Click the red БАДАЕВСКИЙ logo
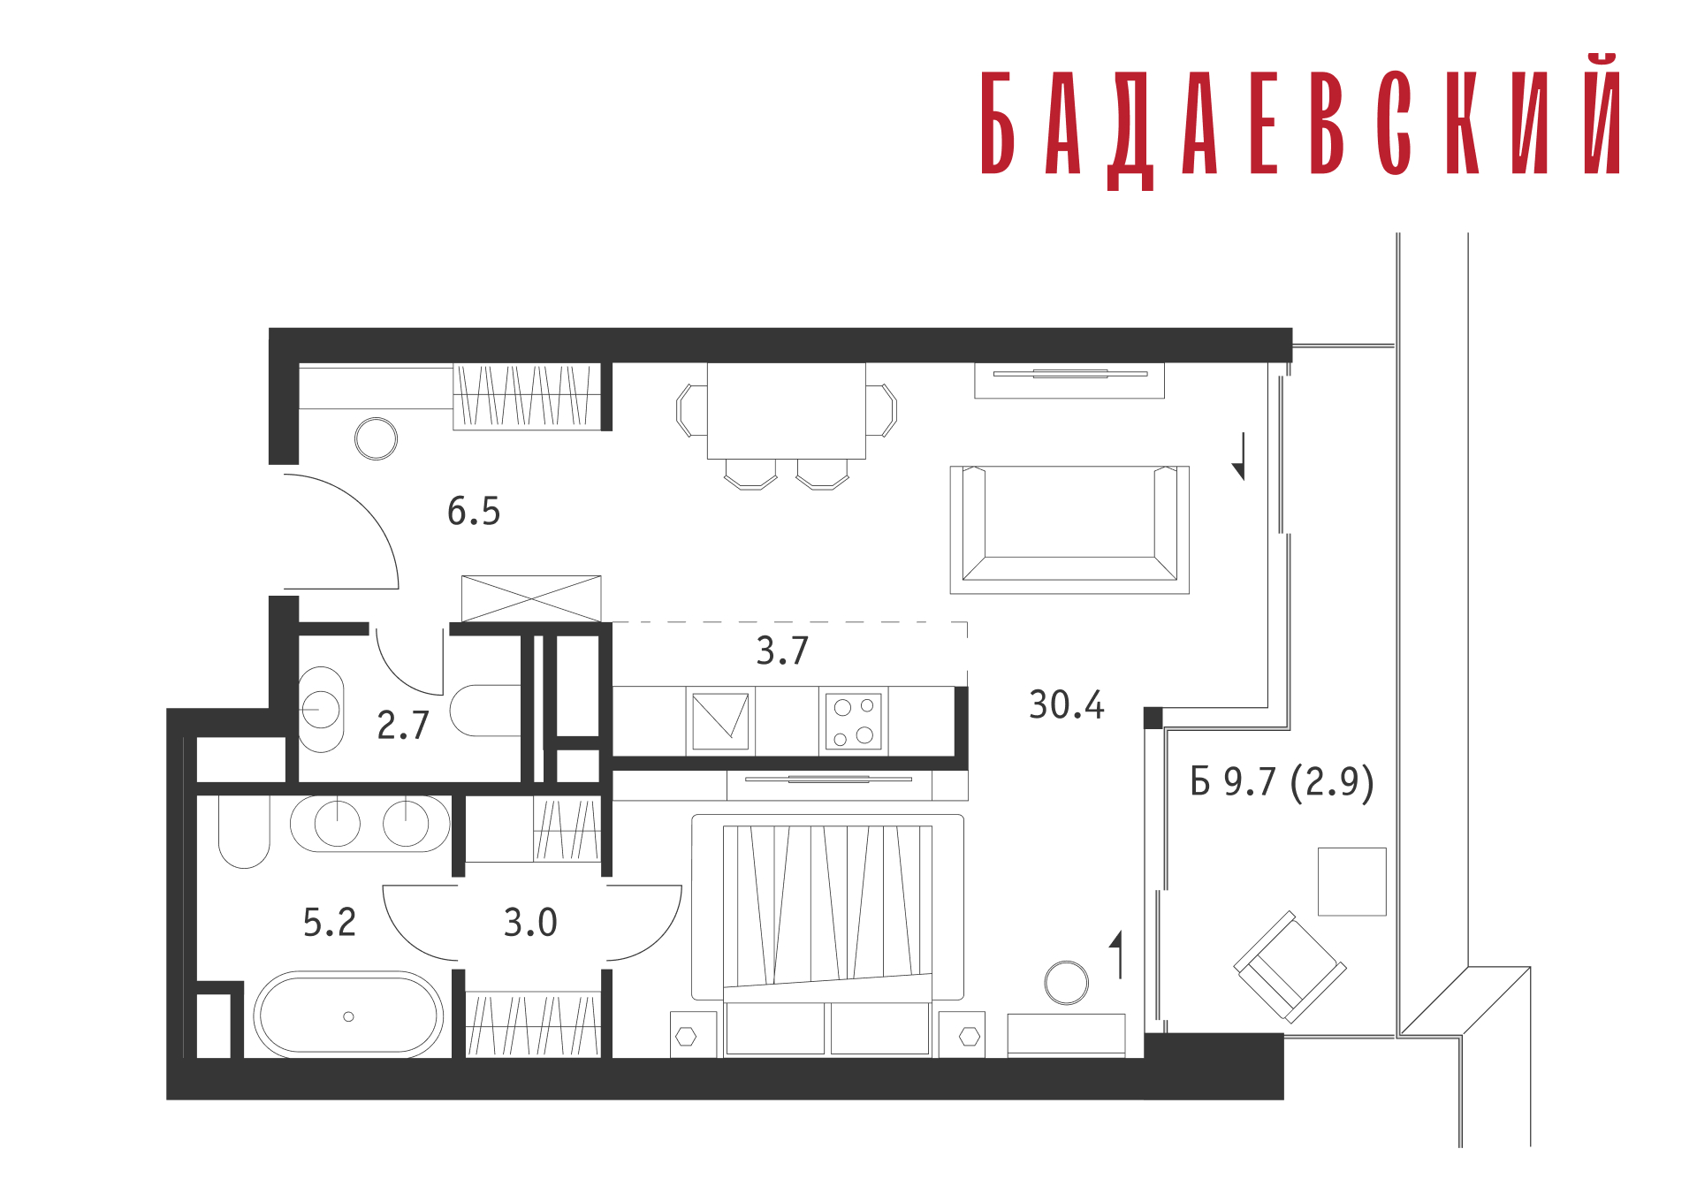(1300, 122)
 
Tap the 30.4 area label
(1066, 705)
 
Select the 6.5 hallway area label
(474, 511)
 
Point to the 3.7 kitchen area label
(782, 651)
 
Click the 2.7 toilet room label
(403, 726)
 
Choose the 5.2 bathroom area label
(330, 923)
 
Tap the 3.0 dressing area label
(530, 923)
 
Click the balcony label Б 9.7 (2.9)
(1282, 782)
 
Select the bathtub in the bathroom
(348, 1016)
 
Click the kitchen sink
(720, 721)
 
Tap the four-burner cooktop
(854, 721)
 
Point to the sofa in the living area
(1069, 529)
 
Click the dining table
(786, 411)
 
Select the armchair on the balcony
(1290, 967)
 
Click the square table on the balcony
(1351, 881)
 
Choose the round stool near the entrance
(376, 438)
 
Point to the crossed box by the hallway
(531, 598)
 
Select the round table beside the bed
(1066, 983)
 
